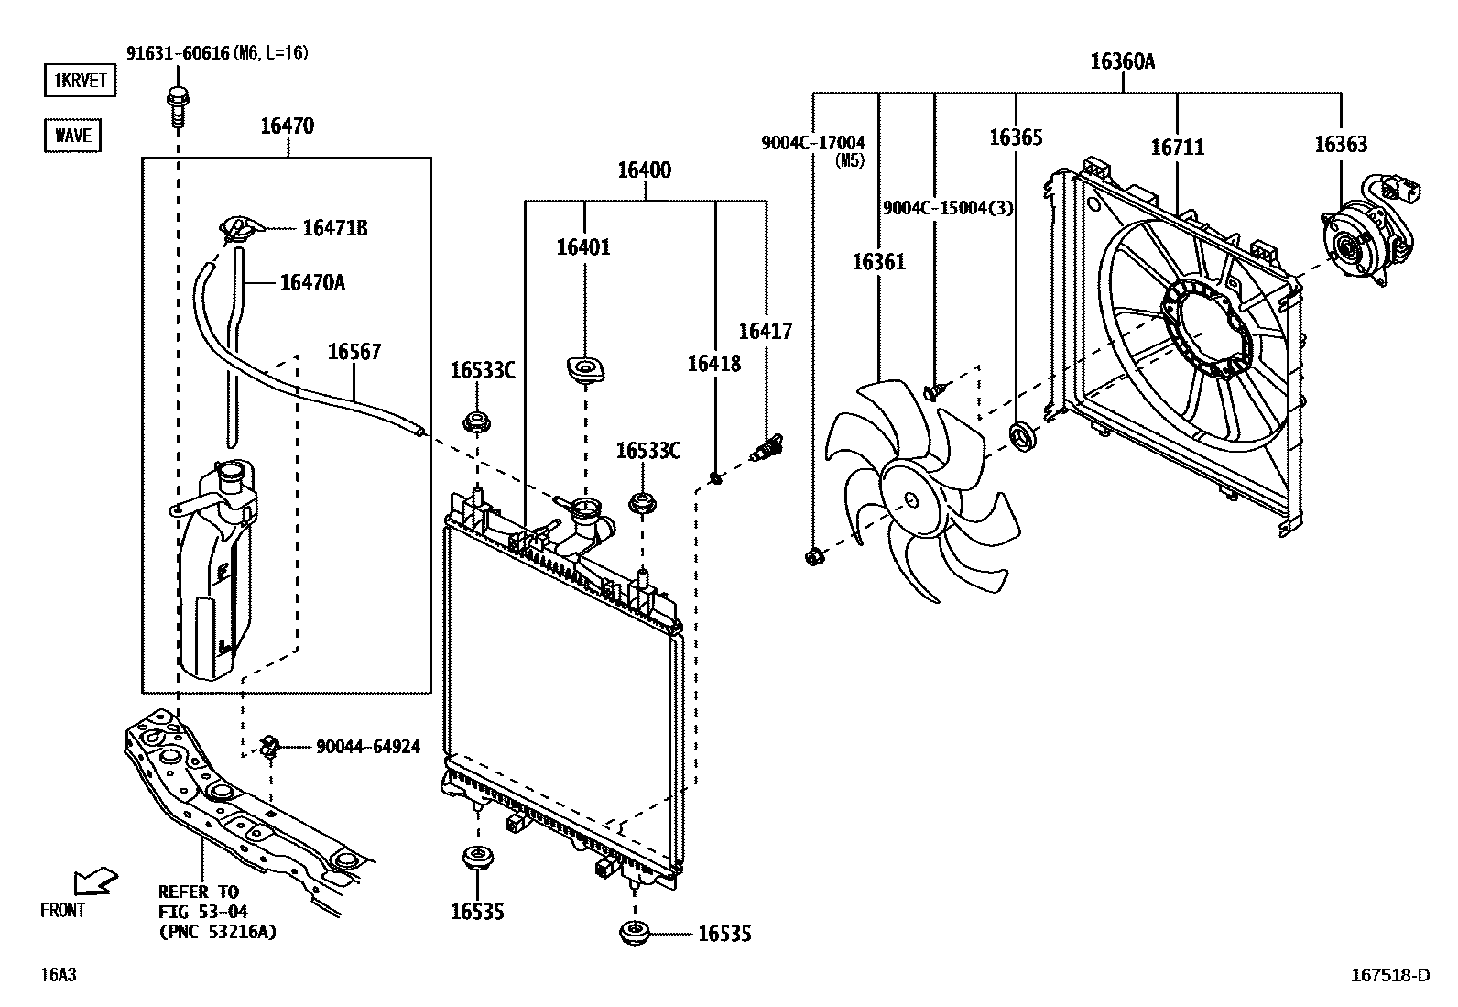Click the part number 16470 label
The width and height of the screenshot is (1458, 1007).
[287, 126]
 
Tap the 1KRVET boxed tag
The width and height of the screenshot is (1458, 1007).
[81, 81]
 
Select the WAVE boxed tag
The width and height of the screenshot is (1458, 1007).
[72, 136]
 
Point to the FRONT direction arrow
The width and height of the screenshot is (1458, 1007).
[95, 882]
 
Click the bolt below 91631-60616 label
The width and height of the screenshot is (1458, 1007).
[176, 105]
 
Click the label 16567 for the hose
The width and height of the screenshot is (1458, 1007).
[354, 352]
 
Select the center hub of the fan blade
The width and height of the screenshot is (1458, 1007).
[910, 500]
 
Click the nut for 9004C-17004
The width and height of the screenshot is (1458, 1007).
[813, 555]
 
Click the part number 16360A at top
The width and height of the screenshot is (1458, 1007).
[1122, 62]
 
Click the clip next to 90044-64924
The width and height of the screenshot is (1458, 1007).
[270, 747]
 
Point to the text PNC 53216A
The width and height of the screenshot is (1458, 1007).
[217, 932]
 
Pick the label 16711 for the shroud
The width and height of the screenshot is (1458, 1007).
[1177, 148]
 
